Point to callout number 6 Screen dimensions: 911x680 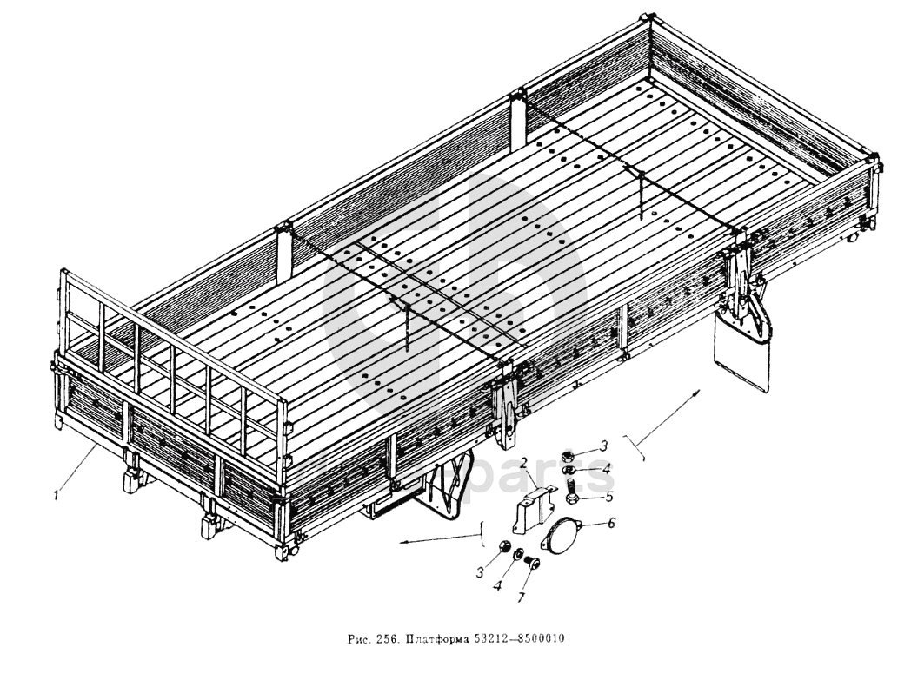[612, 525]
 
